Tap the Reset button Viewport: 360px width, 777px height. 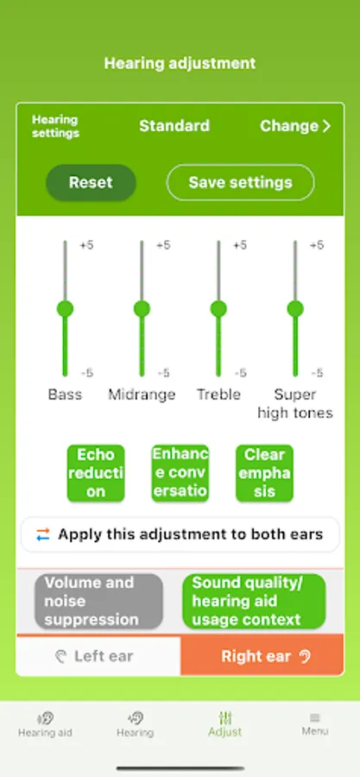pyautogui.click(x=92, y=182)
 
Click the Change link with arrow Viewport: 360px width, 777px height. pyautogui.click(x=295, y=126)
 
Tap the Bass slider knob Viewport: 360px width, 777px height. pyautogui.click(x=65, y=309)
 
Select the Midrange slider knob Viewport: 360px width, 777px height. pyautogui.click(x=142, y=309)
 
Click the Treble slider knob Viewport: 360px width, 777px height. pyautogui.click(x=218, y=309)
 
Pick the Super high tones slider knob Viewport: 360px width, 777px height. pyautogui.click(x=295, y=309)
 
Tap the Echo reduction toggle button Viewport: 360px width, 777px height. pyautogui.click(x=96, y=473)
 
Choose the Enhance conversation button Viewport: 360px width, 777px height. pyautogui.click(x=180, y=473)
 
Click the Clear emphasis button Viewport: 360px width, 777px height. pyautogui.click(x=264, y=473)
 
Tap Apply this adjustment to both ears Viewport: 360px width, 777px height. pyautogui.click(x=180, y=534)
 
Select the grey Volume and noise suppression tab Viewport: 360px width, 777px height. pyautogui.click(x=98, y=601)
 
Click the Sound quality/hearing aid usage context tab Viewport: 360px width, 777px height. pyautogui.click(x=254, y=601)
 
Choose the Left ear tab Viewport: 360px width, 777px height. pyautogui.click(x=98, y=656)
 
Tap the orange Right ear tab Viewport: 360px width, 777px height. pyautogui.click(x=262, y=656)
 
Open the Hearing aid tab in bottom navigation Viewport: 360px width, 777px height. pyautogui.click(x=45, y=724)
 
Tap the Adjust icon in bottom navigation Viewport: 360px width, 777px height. pyautogui.click(x=225, y=717)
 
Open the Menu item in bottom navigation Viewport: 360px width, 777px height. pyautogui.click(x=315, y=724)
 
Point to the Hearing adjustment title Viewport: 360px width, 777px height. pyautogui.click(x=180, y=63)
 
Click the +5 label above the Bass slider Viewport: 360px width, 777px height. pyautogui.click(x=86, y=245)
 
